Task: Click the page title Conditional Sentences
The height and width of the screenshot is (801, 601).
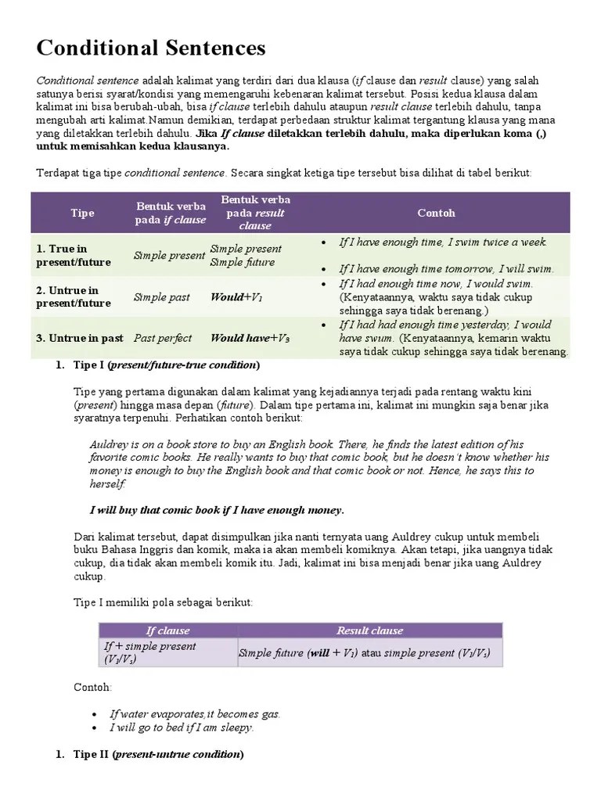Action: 151,48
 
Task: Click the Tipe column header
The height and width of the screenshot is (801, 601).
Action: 82,213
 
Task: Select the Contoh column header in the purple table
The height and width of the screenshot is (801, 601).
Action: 436,213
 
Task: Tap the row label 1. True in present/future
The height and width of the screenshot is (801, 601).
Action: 74,255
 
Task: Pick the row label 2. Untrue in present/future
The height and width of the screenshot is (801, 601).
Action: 74,296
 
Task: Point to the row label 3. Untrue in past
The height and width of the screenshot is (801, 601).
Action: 79,338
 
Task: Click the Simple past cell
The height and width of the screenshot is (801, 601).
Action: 161,297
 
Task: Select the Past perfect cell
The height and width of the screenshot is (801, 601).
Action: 163,338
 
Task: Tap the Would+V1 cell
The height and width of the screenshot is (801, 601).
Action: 236,297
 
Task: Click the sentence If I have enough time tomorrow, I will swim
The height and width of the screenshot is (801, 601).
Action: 446,268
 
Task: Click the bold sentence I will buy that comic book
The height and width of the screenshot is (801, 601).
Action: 217,510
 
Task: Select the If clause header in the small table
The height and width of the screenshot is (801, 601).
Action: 167,630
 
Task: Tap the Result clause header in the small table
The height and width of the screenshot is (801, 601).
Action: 369,630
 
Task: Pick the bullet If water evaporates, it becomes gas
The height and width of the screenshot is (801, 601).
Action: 195,713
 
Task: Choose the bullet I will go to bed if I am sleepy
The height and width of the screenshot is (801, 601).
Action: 182,727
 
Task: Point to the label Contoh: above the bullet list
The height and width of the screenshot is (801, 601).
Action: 92,687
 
